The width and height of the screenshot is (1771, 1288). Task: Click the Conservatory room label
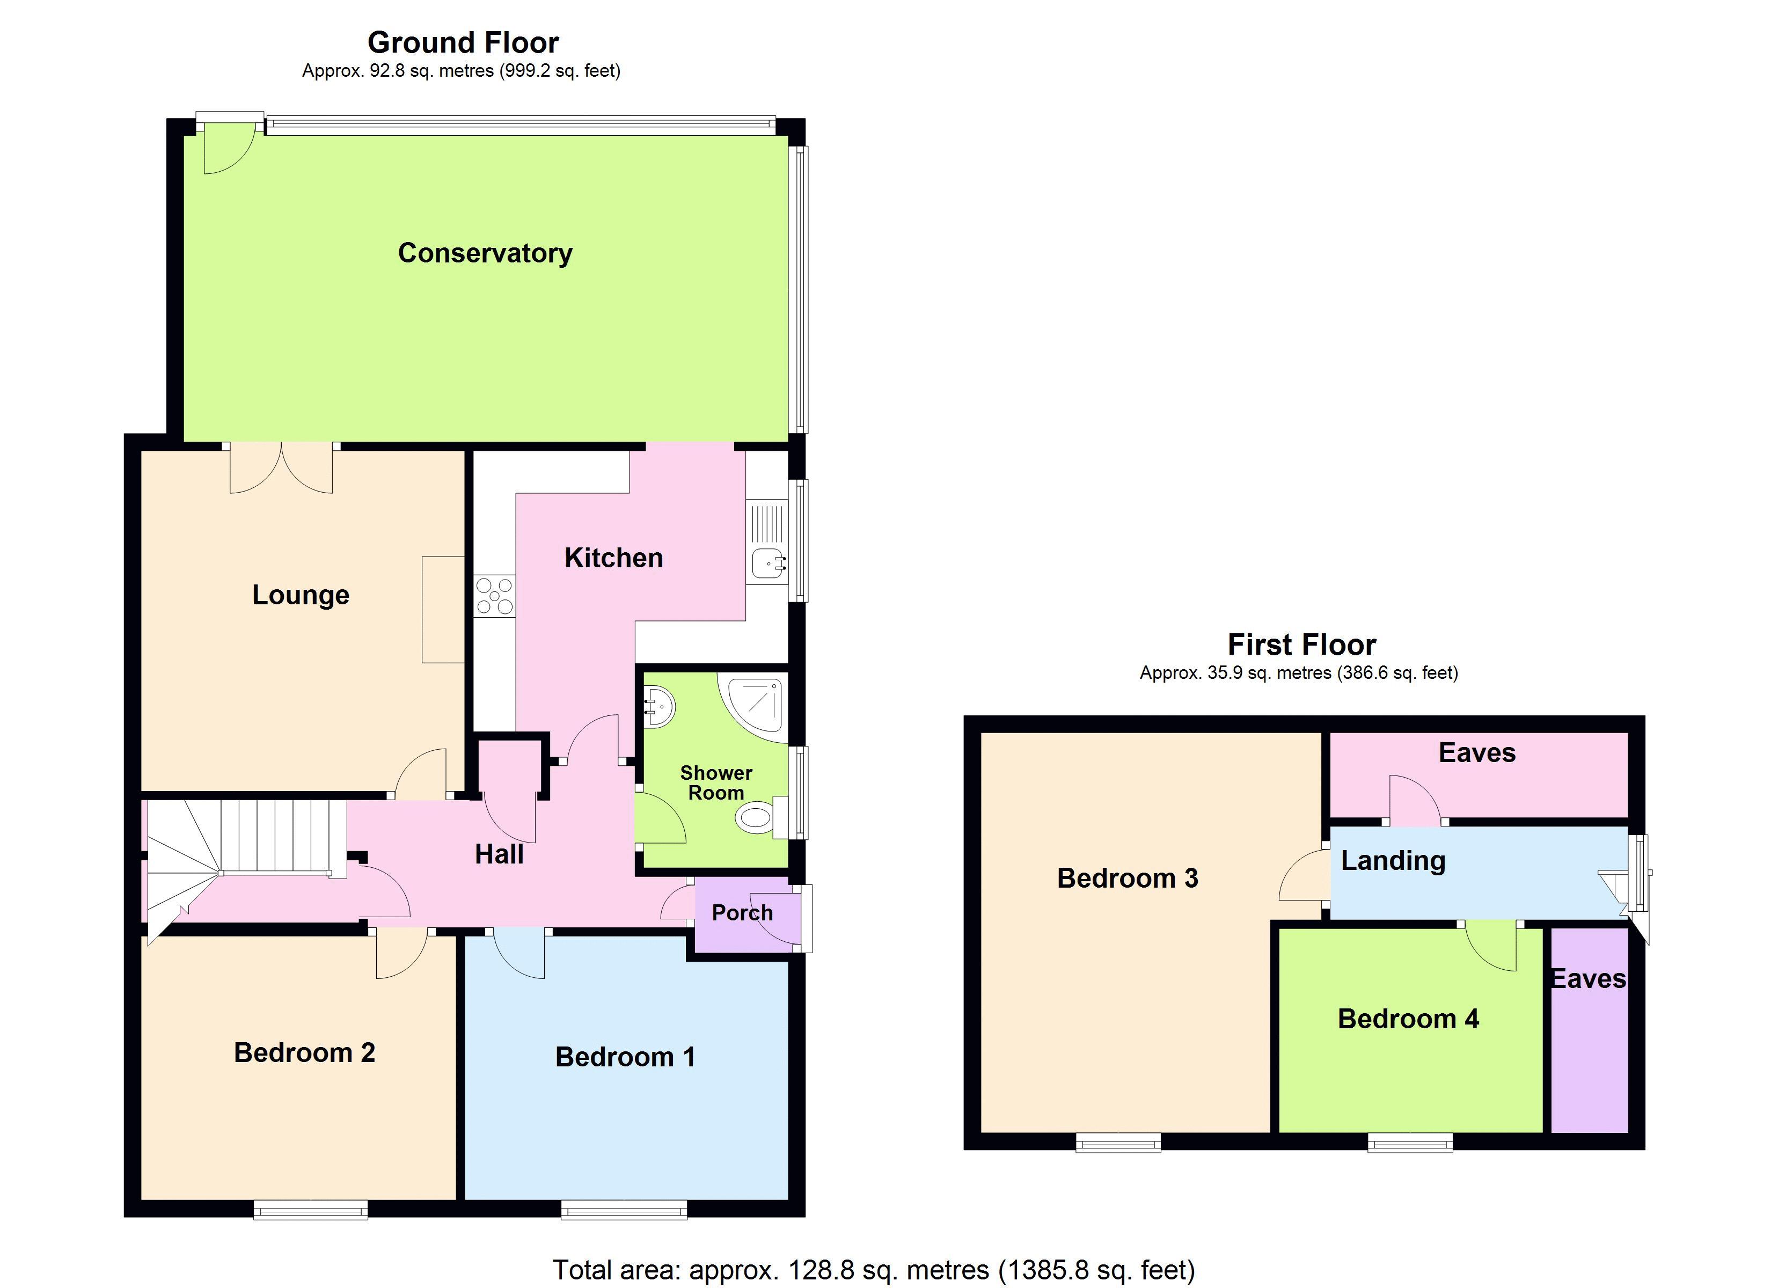point(485,253)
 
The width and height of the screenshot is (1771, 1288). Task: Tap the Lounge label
point(301,595)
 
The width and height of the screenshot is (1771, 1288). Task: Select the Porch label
point(742,912)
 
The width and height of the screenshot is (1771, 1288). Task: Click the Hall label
point(499,854)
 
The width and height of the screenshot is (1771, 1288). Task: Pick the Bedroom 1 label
point(625,1057)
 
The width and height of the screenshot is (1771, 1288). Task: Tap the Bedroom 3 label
point(1127,878)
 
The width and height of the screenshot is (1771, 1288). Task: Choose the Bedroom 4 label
point(1408,1019)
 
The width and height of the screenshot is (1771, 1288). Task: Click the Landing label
point(1393,860)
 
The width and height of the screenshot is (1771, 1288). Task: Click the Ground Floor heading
point(463,42)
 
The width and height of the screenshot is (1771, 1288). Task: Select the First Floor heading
point(1302,645)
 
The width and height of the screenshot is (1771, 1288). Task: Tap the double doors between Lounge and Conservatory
point(281,469)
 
